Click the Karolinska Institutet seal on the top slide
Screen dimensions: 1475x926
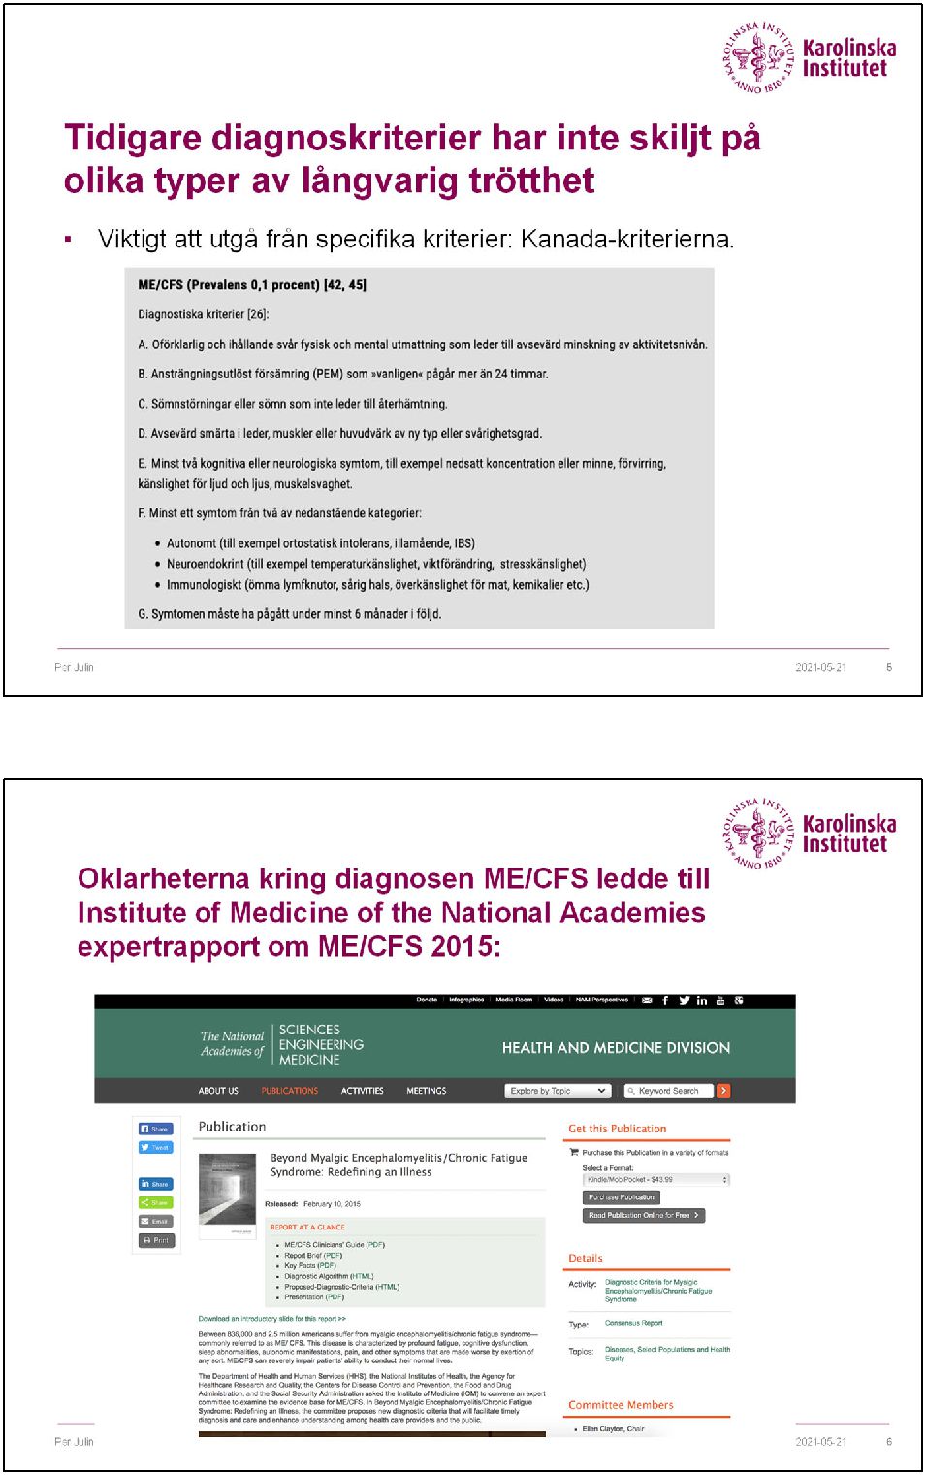[757, 58]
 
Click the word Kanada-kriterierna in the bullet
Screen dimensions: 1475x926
[626, 239]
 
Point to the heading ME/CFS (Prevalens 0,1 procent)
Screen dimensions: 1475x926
[252, 285]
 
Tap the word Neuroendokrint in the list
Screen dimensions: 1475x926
[205, 564]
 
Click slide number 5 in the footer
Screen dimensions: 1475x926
[888, 667]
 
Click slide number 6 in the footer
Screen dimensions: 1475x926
[888, 1442]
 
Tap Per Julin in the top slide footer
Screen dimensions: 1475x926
[74, 667]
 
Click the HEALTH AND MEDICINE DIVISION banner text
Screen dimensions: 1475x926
[616, 1048]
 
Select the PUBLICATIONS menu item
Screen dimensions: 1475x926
[289, 1091]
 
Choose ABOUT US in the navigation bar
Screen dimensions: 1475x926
[218, 1091]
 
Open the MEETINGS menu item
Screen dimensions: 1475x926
[426, 1091]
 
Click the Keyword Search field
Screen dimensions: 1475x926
[669, 1091]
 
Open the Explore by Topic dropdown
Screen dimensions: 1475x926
[558, 1091]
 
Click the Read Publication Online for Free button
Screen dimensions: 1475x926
[643, 1215]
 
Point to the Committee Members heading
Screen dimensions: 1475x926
[621, 1405]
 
